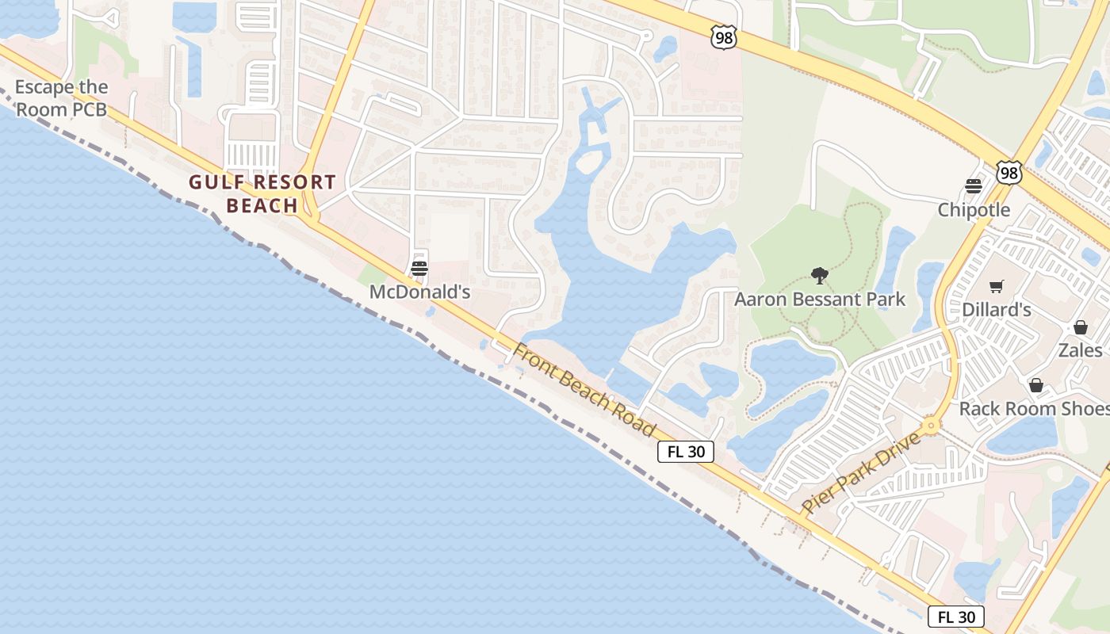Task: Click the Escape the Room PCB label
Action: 61,98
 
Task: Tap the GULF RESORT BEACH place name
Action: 262,193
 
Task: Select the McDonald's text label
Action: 420,292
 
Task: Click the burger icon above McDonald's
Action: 419,269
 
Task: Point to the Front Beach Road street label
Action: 584,389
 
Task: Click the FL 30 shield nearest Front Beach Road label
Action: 686,452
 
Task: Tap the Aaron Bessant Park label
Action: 819,300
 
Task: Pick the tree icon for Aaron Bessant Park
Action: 820,276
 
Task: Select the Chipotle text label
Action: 974,210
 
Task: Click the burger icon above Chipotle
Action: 974,186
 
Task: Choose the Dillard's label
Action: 997,310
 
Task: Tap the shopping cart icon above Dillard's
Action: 997,286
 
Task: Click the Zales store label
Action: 1080,350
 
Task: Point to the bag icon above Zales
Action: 1080,327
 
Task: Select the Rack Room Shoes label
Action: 1034,409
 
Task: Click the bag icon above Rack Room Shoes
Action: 1035,385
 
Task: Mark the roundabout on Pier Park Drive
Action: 931,426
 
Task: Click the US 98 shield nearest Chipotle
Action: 1009,173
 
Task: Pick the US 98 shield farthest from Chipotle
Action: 724,37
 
